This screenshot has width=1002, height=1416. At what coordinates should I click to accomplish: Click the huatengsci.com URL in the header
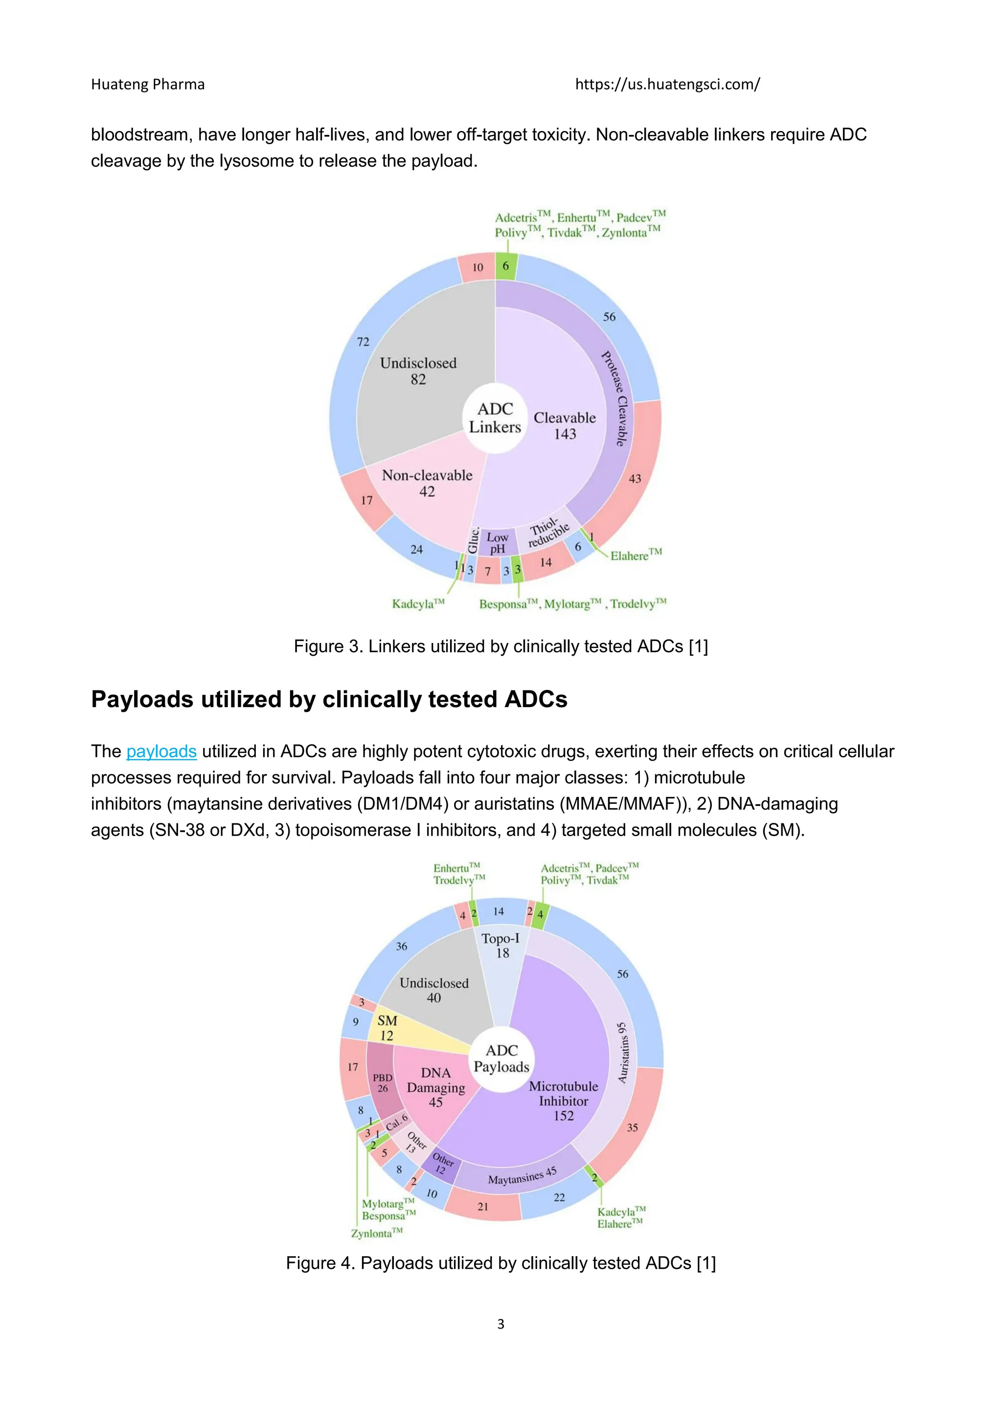[667, 85]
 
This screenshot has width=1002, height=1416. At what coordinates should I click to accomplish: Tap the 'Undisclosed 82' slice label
[418, 371]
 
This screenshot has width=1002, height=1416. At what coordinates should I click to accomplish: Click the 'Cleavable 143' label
[565, 425]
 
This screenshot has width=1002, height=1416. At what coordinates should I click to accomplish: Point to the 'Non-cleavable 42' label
[427, 483]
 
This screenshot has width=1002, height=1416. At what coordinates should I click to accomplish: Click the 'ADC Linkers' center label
[495, 418]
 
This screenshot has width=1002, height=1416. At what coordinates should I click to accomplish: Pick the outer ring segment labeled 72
[363, 342]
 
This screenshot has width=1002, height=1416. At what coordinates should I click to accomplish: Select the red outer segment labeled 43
[635, 479]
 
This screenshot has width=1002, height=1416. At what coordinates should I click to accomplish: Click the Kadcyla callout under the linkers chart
[418, 604]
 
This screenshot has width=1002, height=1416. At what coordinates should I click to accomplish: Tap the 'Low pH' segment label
[497, 543]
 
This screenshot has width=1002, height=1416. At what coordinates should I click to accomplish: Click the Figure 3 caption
[501, 646]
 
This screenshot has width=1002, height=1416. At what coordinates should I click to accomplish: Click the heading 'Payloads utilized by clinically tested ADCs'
[329, 699]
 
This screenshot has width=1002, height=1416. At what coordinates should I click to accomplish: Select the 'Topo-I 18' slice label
[501, 946]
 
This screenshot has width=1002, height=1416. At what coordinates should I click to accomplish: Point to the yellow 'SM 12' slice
[387, 1028]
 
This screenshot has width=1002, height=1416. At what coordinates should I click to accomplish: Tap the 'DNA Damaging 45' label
[435, 1087]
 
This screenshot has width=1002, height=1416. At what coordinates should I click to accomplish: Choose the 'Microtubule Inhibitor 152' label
[563, 1101]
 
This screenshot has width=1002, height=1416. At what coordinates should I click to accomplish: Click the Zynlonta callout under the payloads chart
[376, 1234]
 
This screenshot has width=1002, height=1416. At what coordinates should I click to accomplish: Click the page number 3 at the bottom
[501, 1324]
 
